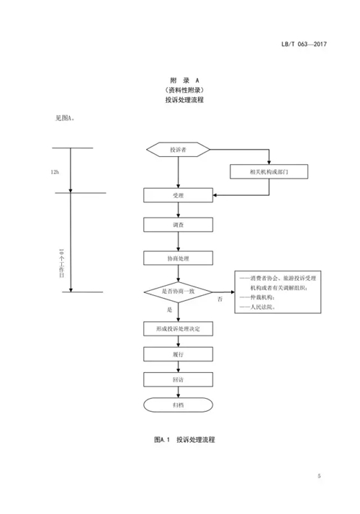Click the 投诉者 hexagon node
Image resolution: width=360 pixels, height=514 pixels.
point(178,150)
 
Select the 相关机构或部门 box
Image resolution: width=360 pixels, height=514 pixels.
point(269,172)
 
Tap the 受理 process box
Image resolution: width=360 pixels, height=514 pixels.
point(178,195)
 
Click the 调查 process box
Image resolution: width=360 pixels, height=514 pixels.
point(178,225)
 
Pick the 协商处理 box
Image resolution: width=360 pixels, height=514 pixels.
point(178,258)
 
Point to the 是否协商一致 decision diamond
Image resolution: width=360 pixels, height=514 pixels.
point(178,292)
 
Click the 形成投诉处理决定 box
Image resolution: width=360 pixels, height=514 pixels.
point(178,329)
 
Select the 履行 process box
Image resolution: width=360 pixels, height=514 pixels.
point(178,354)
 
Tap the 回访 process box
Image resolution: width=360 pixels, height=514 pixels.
point(178,379)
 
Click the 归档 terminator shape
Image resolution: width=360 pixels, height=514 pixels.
point(178,405)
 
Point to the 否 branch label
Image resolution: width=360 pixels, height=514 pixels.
point(220,299)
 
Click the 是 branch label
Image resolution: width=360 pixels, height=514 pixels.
point(169,310)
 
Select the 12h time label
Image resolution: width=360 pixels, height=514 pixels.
point(55,172)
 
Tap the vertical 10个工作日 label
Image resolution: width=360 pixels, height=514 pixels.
point(62,263)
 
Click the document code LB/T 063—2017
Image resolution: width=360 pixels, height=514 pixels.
point(304,44)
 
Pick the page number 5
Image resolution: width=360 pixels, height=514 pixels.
point(319,476)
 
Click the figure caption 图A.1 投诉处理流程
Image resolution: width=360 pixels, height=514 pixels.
point(184,440)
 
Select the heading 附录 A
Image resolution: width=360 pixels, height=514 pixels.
point(184,81)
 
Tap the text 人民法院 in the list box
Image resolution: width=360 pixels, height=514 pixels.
point(261,307)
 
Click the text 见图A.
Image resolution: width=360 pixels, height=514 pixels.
point(65,118)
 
